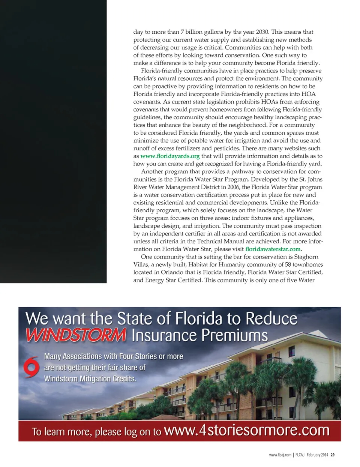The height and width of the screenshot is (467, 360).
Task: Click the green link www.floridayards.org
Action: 170,156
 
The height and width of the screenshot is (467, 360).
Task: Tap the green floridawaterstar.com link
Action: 273,249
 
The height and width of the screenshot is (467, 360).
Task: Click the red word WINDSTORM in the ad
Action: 76,335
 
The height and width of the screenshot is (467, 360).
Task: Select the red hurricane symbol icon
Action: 31,367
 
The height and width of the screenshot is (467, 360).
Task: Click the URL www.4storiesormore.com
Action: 246,430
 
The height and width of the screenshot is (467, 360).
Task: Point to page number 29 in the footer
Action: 333,455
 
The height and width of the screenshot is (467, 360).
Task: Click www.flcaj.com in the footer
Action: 280,455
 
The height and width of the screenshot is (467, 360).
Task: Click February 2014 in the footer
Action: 317,455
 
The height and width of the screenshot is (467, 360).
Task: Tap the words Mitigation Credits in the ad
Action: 108,379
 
